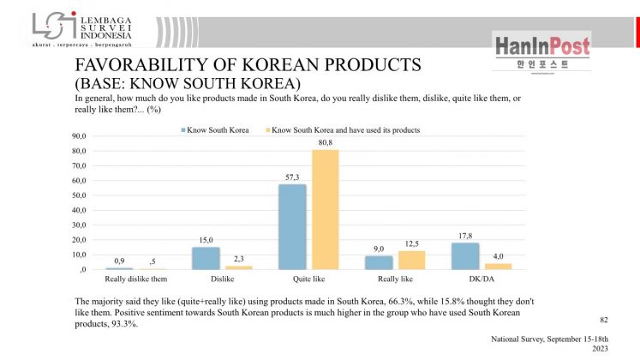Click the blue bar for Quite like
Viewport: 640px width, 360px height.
point(292,227)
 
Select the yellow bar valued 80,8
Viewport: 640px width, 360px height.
point(325,210)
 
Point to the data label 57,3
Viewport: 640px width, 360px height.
point(292,178)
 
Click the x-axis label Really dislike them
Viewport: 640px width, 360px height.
point(135,279)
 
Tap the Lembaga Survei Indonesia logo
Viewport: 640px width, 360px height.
point(82,28)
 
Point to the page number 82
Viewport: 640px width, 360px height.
point(603,319)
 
